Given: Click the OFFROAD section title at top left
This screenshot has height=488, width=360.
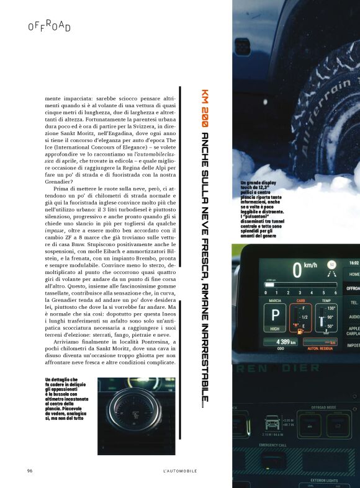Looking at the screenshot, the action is (50, 26).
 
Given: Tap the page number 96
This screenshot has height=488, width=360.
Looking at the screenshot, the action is (29, 471).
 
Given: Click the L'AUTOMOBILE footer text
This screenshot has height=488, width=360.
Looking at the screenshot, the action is (179, 471).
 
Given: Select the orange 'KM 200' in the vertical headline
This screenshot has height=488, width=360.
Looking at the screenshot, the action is (204, 105).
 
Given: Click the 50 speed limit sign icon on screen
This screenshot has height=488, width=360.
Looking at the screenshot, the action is (332, 265).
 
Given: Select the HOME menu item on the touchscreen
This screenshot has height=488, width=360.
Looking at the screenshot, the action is (353, 273).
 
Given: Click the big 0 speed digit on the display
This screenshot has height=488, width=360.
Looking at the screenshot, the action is (297, 270).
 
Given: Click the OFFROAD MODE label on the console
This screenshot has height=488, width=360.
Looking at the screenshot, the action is (326, 407).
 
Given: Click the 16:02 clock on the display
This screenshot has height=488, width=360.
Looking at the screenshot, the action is (353, 262).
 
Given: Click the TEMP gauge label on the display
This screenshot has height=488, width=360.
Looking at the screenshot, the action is (326, 301).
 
